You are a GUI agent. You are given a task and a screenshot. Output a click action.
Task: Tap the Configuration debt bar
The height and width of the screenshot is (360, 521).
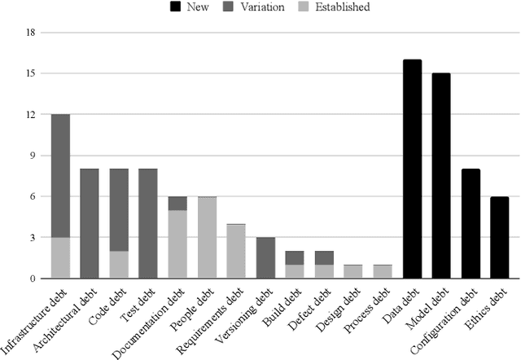click(471, 224)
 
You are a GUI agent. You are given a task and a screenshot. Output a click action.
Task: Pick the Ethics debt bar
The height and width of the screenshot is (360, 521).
click(500, 238)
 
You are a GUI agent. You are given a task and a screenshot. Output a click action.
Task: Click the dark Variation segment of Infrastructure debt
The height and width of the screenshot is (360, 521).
click(60, 176)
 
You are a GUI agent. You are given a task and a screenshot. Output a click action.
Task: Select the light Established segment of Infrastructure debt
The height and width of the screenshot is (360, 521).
click(60, 258)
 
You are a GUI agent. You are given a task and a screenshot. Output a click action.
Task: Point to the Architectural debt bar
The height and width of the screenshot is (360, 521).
click(90, 224)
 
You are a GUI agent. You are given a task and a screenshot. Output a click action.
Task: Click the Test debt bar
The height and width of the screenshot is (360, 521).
click(148, 224)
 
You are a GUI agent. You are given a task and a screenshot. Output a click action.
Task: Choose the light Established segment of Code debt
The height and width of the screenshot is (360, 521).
click(119, 265)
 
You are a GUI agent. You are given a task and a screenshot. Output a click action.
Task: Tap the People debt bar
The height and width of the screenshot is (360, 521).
click(207, 238)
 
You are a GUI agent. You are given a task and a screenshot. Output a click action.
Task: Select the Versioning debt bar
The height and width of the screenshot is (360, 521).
click(265, 258)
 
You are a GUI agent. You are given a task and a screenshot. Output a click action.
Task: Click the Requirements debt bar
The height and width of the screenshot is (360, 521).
click(236, 252)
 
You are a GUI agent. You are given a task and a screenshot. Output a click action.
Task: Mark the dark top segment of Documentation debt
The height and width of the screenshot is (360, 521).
click(177, 204)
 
